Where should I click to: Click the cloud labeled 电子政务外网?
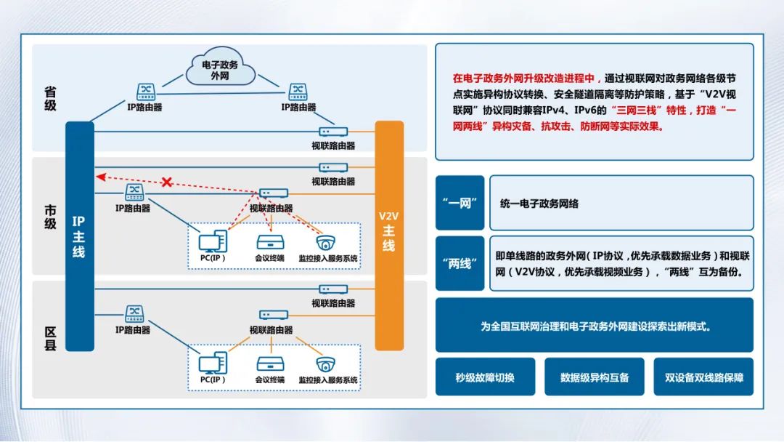(x=220, y=70)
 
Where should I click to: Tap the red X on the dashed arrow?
(x=166, y=182)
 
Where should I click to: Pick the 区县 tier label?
(x=50, y=339)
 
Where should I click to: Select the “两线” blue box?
(x=460, y=263)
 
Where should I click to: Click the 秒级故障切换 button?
(x=485, y=377)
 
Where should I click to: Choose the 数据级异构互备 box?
(x=595, y=377)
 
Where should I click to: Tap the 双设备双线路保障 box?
(x=703, y=377)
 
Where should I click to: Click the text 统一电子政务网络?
(x=539, y=204)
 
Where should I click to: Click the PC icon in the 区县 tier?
(x=212, y=363)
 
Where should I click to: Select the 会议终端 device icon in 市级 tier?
(x=269, y=242)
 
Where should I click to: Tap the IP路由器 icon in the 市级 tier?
(x=135, y=193)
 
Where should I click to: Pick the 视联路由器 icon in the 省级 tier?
(x=333, y=132)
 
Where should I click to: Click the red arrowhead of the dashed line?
(x=101, y=176)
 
